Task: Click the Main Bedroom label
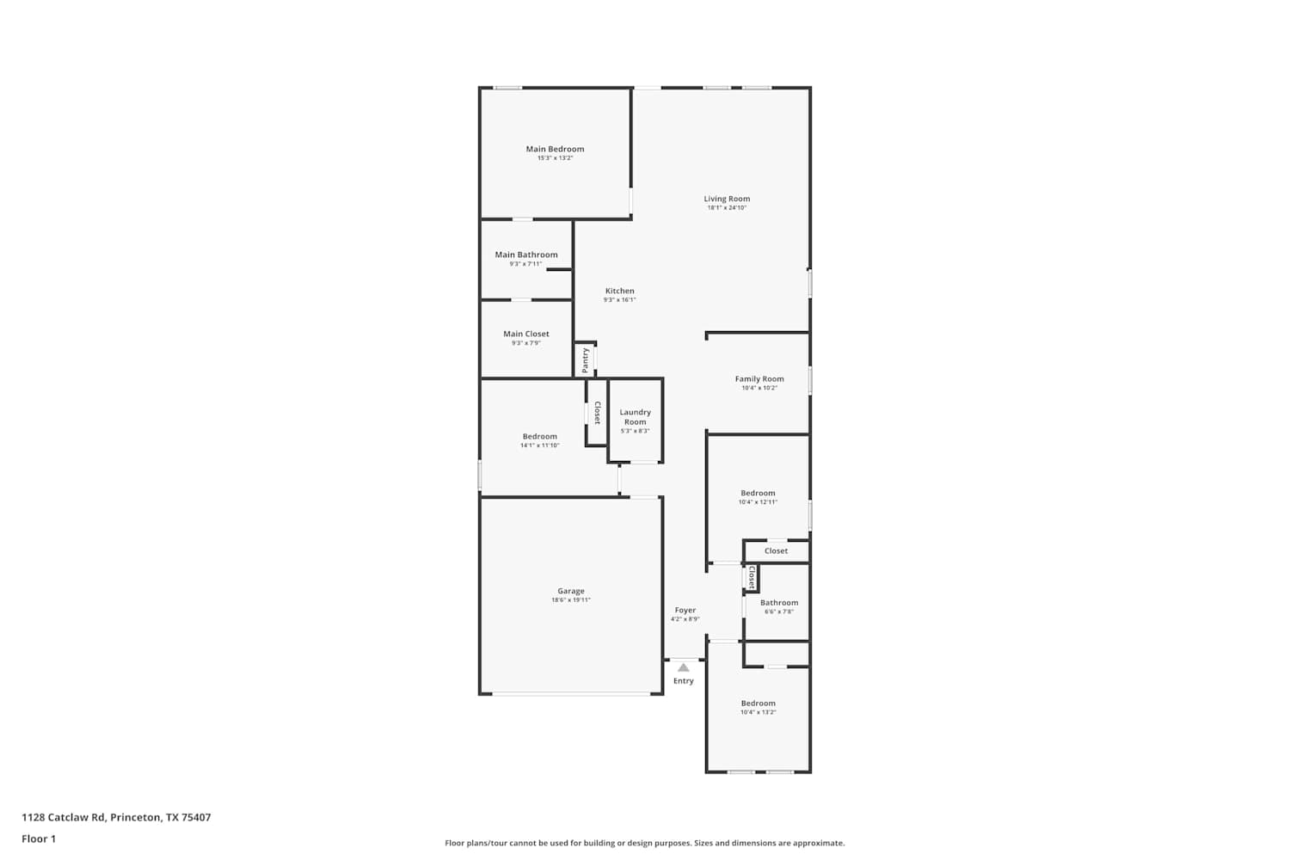555,149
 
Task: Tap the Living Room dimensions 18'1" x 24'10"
727,208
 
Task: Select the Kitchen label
620,291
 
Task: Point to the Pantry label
585,360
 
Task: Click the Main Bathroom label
526,255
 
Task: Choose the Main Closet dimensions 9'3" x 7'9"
526,343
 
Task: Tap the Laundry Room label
636,417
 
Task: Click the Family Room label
759,379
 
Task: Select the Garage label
571,591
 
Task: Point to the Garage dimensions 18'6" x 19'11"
571,600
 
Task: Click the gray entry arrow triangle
683,667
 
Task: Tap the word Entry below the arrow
684,681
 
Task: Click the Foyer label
685,610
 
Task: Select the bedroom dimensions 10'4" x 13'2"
758,713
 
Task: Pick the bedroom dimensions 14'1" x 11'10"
539,445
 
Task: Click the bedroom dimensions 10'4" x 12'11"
758,502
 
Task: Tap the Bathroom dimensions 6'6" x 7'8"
779,611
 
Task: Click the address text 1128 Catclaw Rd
64,817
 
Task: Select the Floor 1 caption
39,838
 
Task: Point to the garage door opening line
571,694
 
